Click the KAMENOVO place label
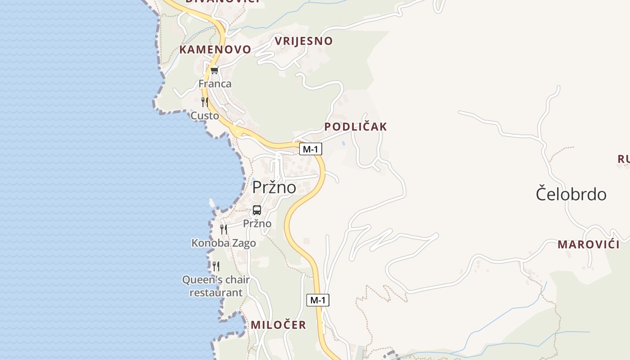215,49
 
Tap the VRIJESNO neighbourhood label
304,41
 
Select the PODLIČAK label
355,127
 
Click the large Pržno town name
274,187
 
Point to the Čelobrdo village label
571,194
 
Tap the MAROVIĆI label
589,245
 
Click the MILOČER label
278,325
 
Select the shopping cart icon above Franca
214,71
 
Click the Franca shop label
215,84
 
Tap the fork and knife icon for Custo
205,102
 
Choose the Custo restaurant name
205,116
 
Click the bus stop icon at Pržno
257,210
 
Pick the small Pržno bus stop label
257,224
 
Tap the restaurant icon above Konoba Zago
224,229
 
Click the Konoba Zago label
224,243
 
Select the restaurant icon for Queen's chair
216,266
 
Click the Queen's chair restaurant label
216,286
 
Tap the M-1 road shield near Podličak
310,149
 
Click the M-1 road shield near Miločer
318,300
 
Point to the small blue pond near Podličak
343,144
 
